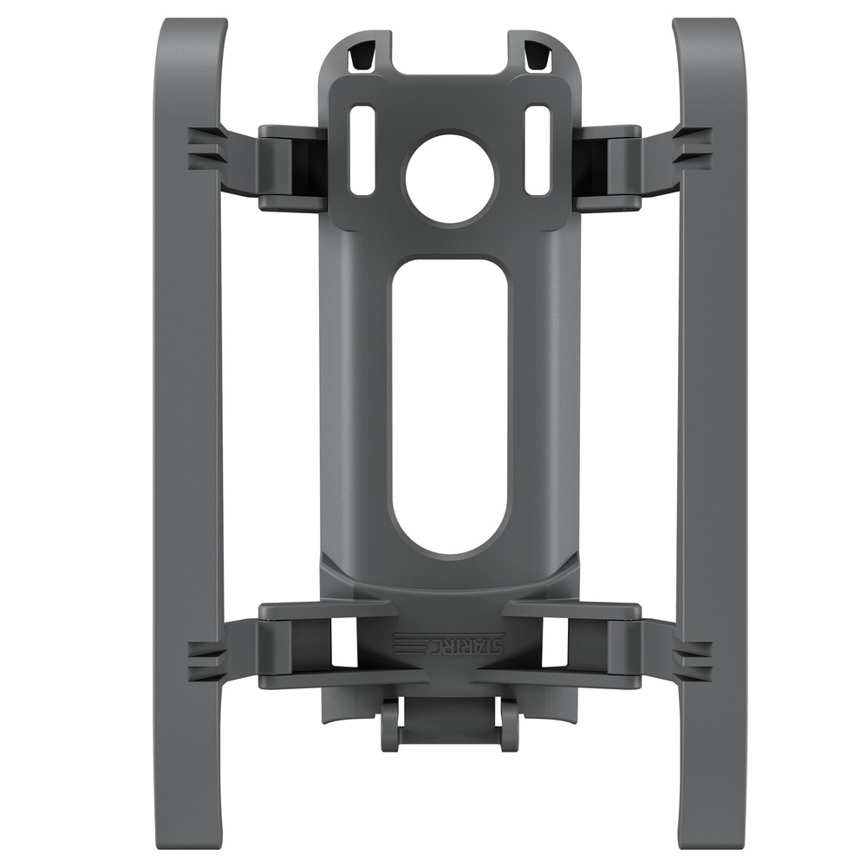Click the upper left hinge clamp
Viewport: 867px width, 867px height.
pos(290,168)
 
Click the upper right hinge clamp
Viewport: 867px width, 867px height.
pos(609,168)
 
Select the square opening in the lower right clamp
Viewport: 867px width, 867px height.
pos(555,642)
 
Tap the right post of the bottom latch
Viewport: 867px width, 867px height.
pos(510,724)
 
